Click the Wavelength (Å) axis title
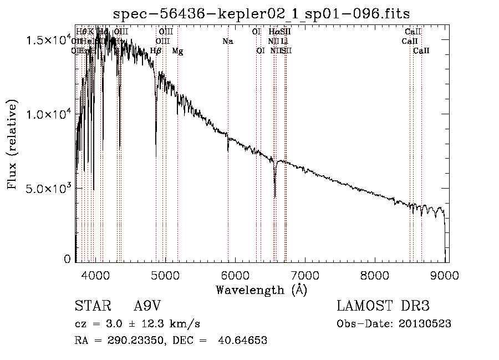[x=261, y=290]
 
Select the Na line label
[x=228, y=41]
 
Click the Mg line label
[x=177, y=51]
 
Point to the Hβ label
[x=156, y=51]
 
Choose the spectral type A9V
[x=147, y=306]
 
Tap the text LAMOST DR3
[x=383, y=306]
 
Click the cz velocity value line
[x=137, y=324]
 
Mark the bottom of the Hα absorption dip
[x=275, y=195]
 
